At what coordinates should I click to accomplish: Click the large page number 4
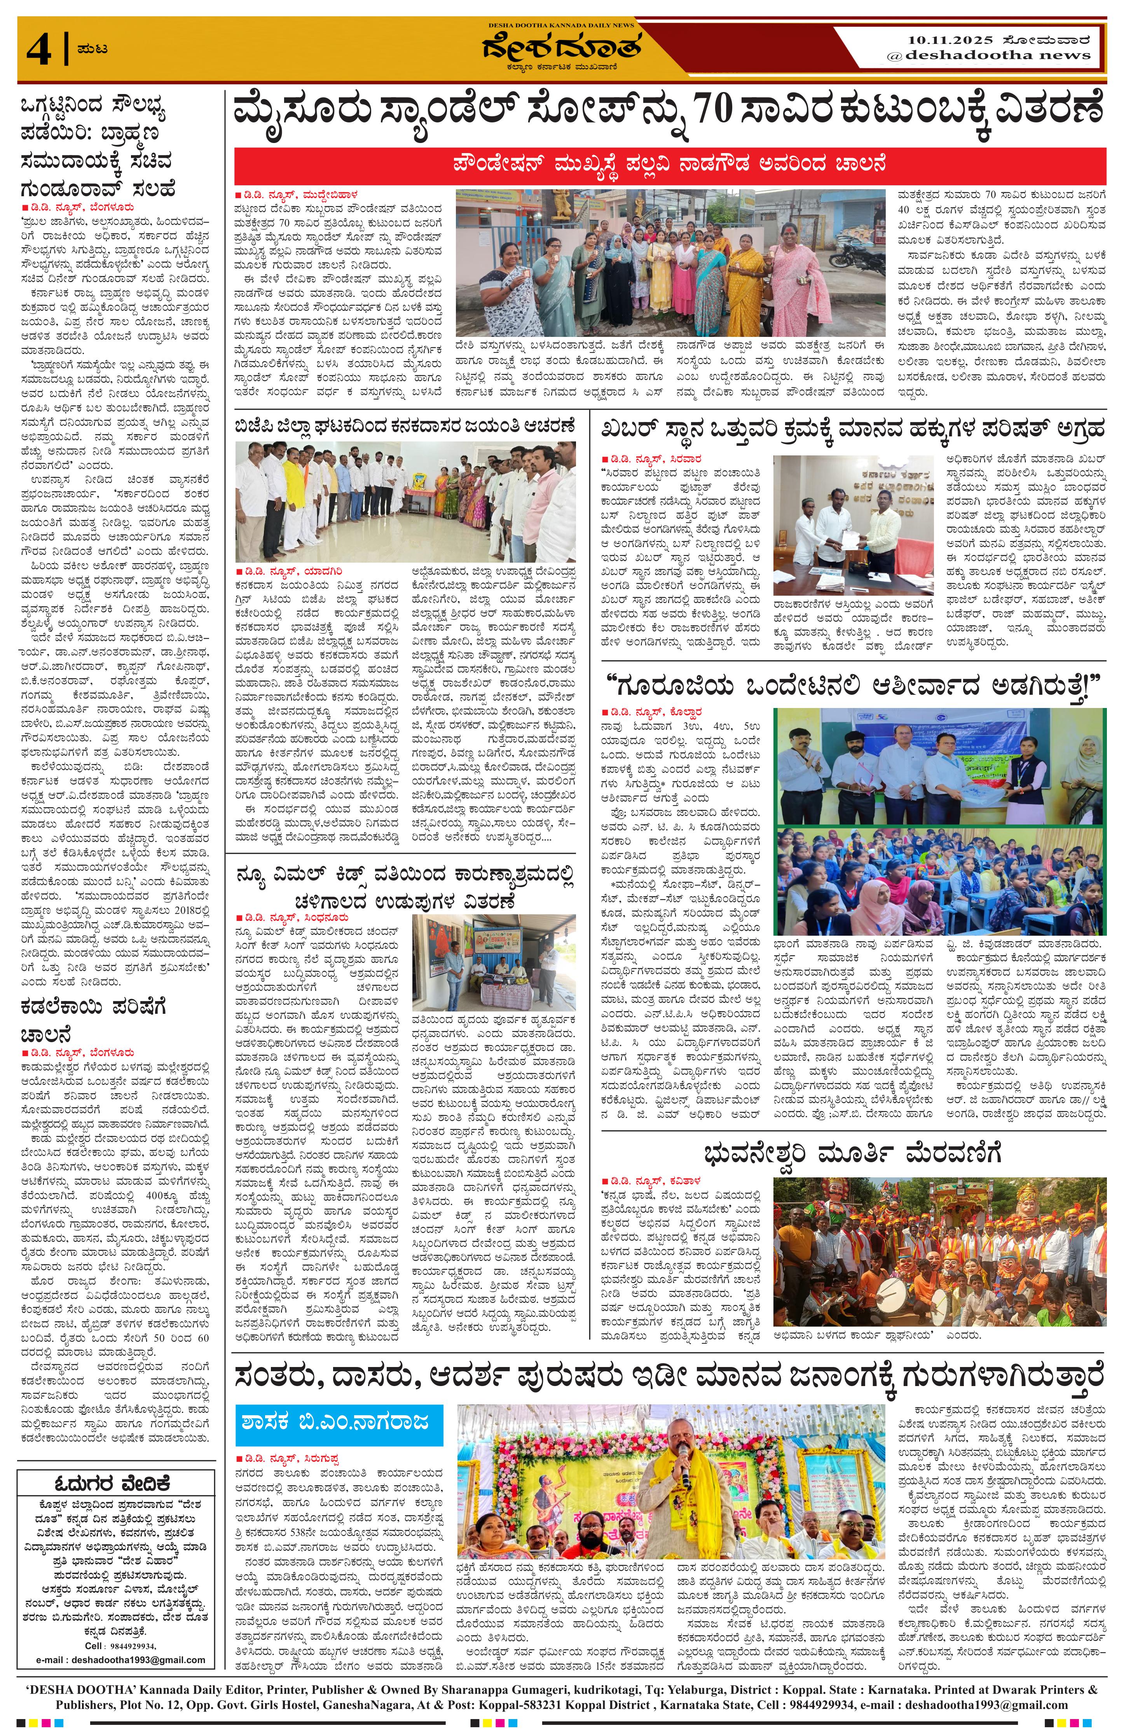[38, 50]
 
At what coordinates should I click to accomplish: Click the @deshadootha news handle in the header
[988, 56]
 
